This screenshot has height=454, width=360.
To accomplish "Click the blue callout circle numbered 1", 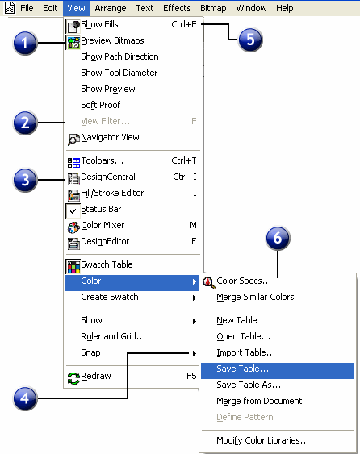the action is (25, 43).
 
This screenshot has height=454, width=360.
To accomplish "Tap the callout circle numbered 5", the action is (250, 40).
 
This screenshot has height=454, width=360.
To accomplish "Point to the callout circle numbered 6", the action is (278, 238).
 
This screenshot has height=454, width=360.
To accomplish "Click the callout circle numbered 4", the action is (25, 398).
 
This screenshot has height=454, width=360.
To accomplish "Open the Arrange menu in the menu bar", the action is (111, 8).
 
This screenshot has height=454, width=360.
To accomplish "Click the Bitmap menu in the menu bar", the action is (213, 8).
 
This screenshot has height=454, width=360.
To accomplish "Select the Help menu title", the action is (285, 8).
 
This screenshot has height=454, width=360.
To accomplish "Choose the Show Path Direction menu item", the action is (119, 56).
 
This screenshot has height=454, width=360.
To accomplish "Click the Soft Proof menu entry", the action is (101, 105).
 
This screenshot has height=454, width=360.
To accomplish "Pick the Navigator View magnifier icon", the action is (73, 139).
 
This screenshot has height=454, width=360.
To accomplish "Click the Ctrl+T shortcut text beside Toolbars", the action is (184, 160).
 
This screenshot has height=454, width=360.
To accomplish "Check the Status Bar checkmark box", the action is (73, 210).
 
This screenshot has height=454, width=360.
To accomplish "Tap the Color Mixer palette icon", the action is (73, 227).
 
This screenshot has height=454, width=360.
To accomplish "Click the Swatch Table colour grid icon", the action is (73, 266).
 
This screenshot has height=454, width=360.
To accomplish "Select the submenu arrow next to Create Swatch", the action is (195, 298).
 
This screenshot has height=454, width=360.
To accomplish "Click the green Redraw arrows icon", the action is (73, 378).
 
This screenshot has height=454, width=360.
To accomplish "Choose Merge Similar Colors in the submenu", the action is (255, 297).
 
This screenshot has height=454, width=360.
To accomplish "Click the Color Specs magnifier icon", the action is (209, 282).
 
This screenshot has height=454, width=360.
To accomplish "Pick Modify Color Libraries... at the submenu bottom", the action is (262, 440).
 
